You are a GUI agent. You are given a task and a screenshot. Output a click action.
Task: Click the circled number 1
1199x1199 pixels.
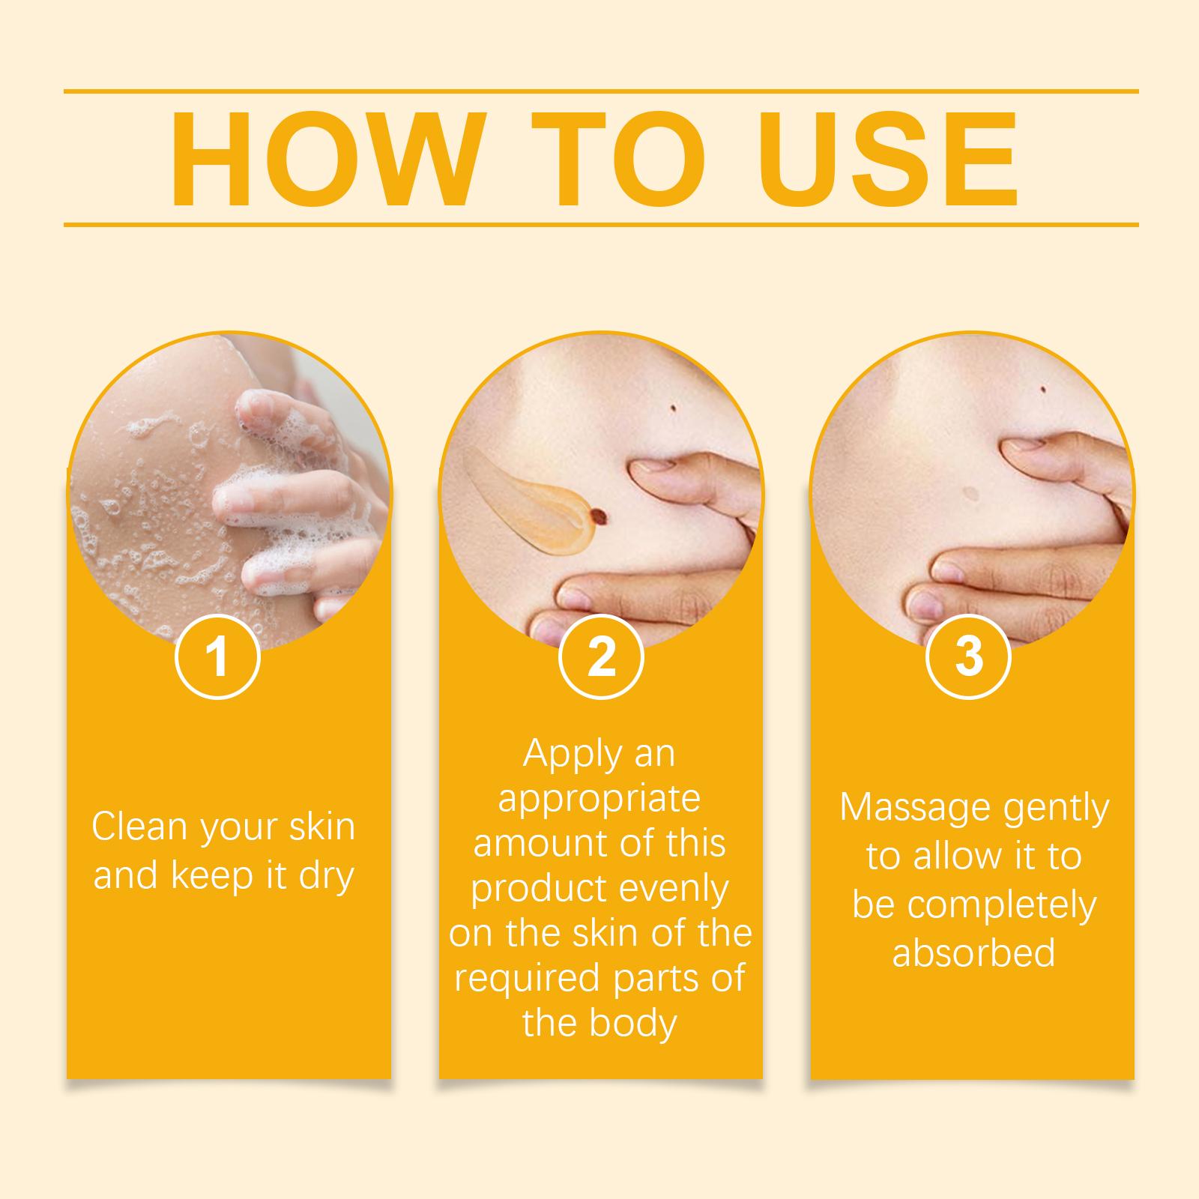click(x=217, y=657)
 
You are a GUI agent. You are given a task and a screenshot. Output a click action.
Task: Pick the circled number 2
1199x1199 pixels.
click(x=601, y=657)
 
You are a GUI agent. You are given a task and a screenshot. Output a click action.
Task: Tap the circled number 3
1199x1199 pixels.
click(x=969, y=657)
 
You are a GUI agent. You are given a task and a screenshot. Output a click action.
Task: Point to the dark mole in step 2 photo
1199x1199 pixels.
click(x=672, y=407)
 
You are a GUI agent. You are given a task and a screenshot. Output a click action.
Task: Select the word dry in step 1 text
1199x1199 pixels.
click(x=326, y=875)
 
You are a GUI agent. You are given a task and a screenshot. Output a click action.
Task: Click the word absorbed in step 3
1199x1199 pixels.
click(x=973, y=952)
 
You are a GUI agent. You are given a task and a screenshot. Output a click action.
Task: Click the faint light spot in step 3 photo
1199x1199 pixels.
click(x=972, y=492)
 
